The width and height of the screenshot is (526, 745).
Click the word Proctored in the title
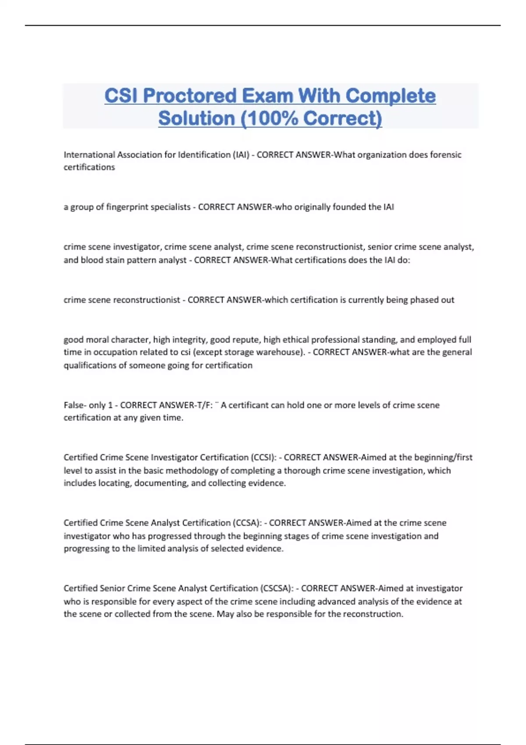(190, 96)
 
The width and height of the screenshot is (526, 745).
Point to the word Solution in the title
(196, 118)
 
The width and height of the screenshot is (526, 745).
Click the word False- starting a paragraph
(75, 405)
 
